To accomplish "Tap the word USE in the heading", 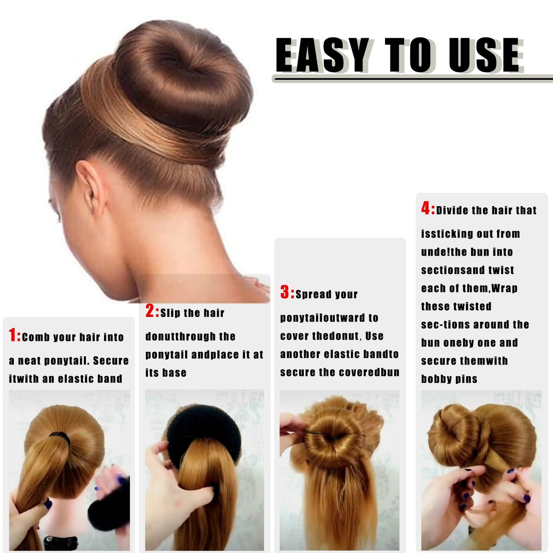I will coord(484,55).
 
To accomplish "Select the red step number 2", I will coord(150,311).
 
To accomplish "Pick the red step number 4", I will coord(426,208).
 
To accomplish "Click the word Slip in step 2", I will coord(170,313).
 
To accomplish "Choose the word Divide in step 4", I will coord(452,210).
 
